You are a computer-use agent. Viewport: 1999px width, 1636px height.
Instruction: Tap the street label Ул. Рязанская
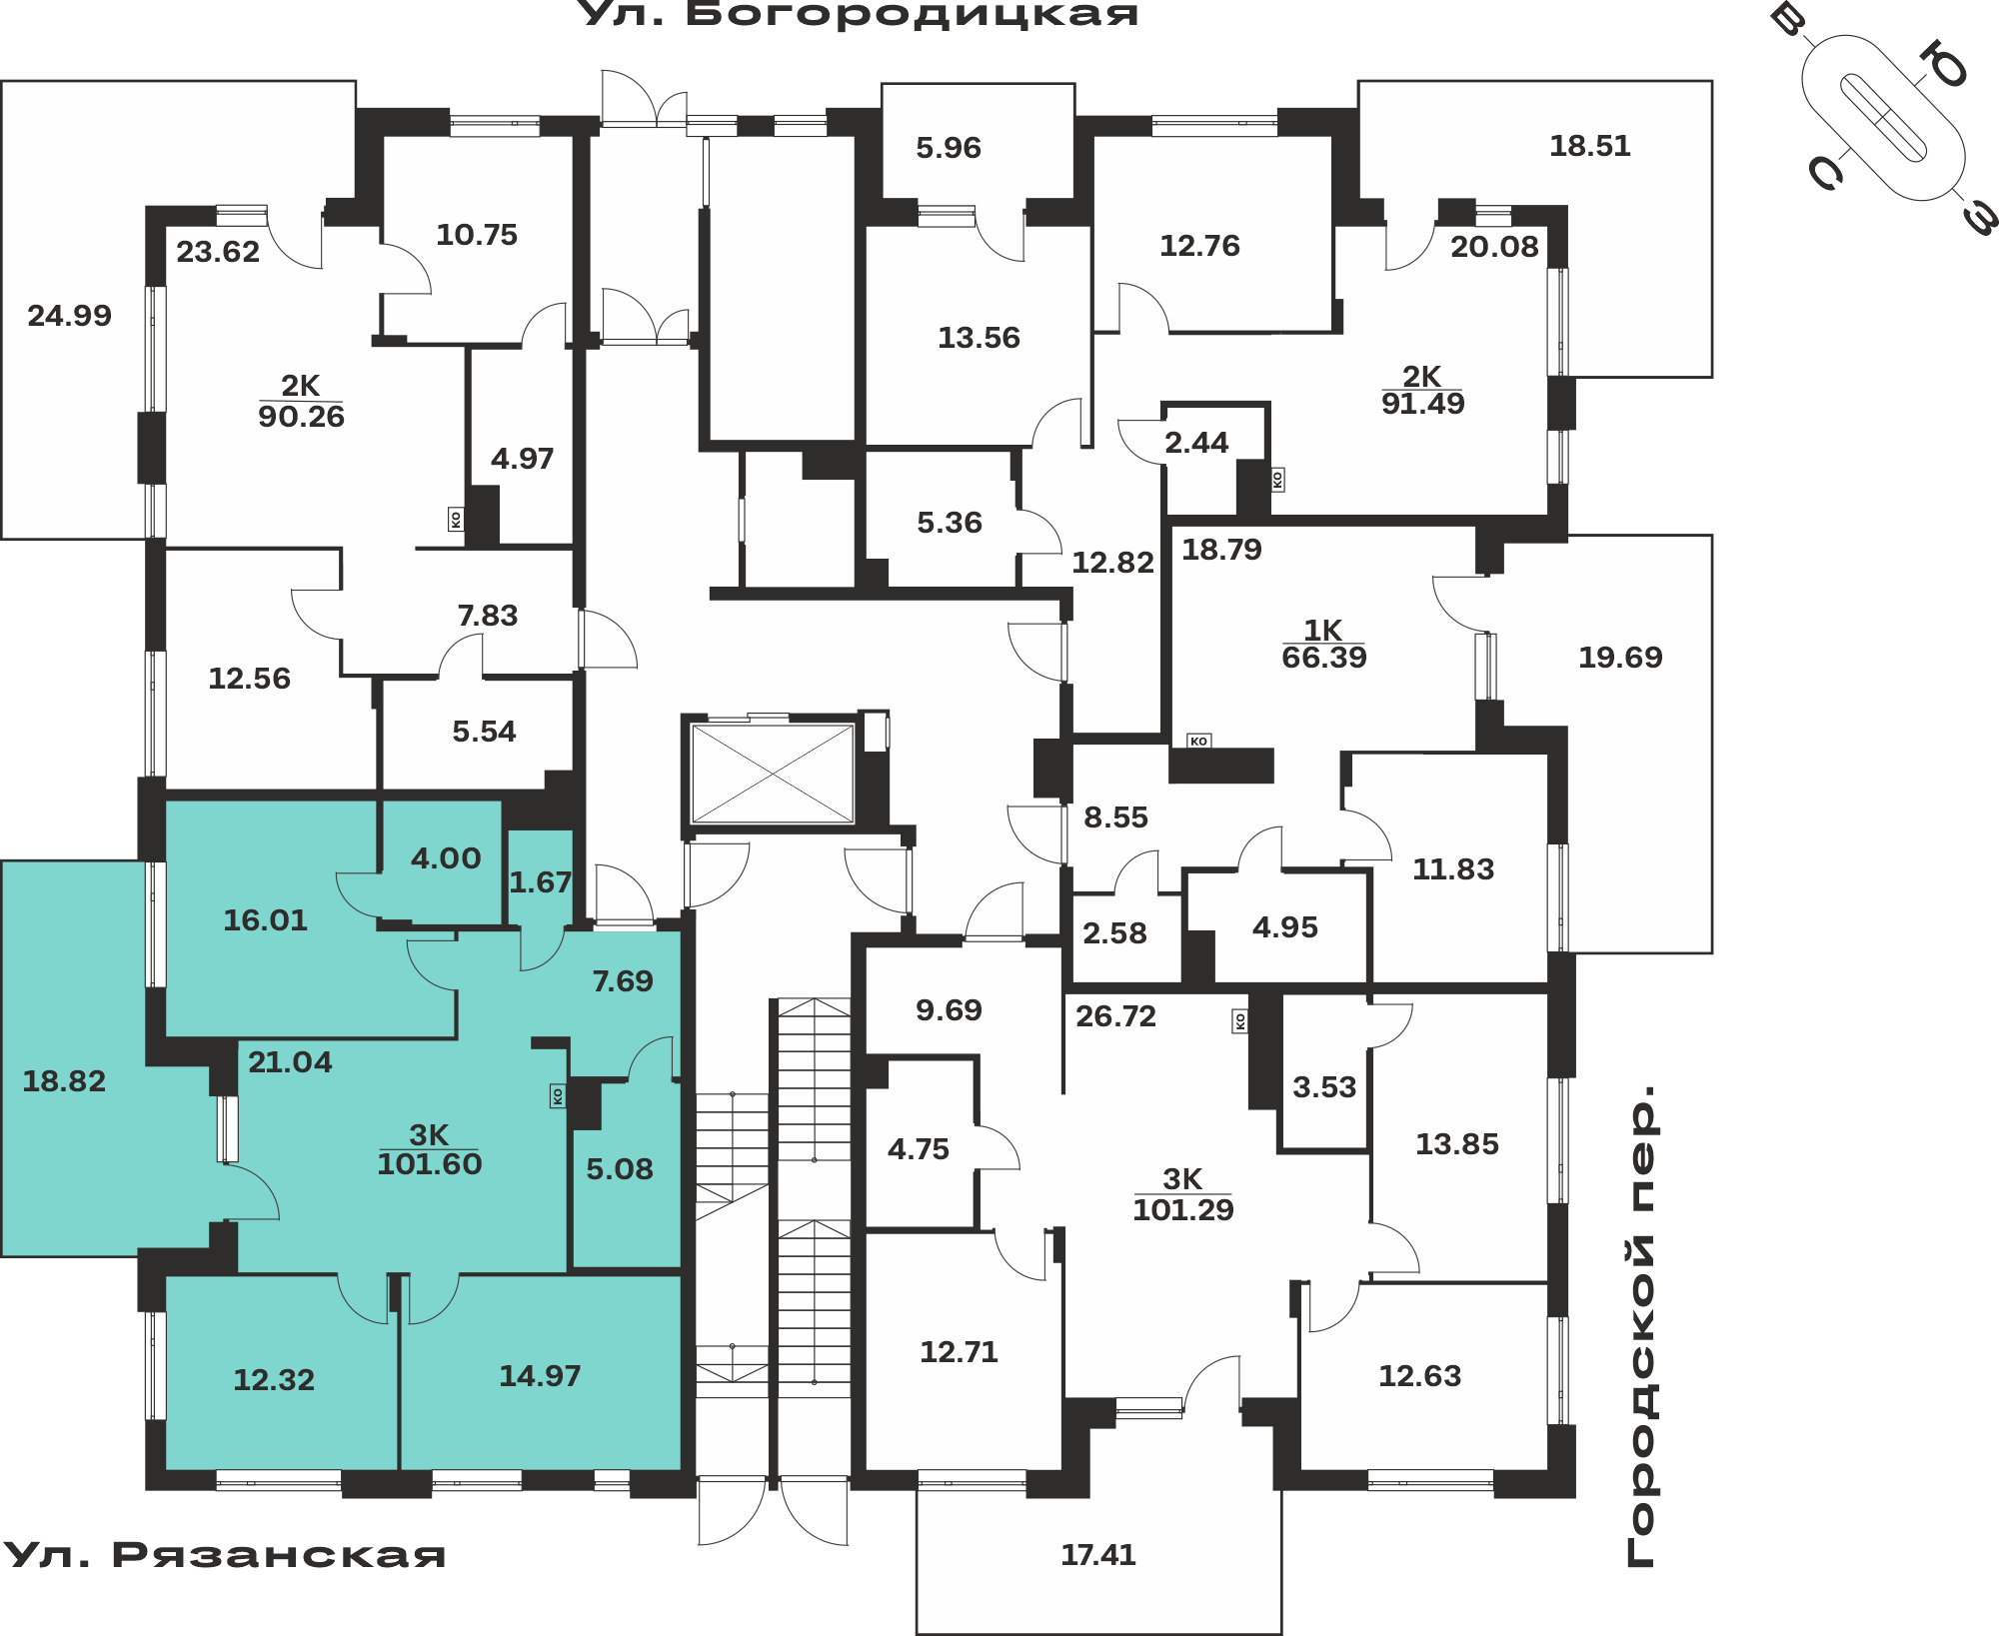click(x=224, y=1555)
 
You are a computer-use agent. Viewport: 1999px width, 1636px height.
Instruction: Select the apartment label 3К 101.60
click(x=430, y=1149)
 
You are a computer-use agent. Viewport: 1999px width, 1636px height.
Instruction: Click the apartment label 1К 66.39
click(x=1323, y=644)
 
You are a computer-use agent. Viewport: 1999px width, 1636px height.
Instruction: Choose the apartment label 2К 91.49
click(x=1422, y=390)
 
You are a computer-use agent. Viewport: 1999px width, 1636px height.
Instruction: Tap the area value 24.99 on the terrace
click(x=69, y=316)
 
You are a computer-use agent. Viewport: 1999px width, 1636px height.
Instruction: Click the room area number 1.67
click(x=541, y=882)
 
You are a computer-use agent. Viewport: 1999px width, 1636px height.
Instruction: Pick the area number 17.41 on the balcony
click(x=1098, y=1555)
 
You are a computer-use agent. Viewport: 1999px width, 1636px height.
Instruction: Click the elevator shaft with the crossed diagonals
click(x=773, y=774)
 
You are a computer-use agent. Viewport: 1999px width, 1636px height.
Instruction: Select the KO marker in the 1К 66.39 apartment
click(x=1198, y=741)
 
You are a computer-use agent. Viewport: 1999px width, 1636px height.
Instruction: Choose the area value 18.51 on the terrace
click(x=1589, y=146)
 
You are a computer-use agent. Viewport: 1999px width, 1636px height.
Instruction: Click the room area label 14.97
click(x=540, y=1376)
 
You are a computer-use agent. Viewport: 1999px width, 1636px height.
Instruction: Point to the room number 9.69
click(x=949, y=1010)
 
